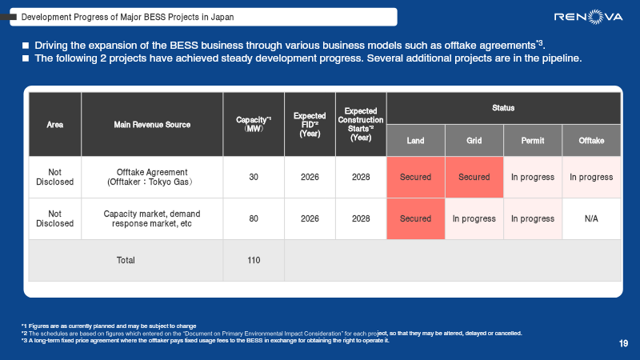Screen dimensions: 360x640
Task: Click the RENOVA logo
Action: click(589, 17)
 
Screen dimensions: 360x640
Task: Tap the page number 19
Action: click(623, 344)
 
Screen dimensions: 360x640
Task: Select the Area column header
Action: click(55, 124)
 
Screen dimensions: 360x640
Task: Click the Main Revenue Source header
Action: click(151, 124)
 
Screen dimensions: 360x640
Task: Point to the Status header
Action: click(503, 107)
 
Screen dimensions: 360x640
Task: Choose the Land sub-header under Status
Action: click(415, 141)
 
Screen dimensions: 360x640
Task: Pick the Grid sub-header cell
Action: click(474, 141)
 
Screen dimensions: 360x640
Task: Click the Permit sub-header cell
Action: click(532, 141)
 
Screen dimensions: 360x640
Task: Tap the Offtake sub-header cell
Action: click(591, 141)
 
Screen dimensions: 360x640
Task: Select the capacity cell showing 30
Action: click(254, 177)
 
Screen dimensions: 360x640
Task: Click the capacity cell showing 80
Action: click(254, 218)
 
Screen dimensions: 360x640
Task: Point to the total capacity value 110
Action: click(254, 260)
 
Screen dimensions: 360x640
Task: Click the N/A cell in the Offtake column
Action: click(591, 218)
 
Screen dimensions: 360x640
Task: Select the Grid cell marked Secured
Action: click(474, 177)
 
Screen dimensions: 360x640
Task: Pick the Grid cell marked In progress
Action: click(474, 218)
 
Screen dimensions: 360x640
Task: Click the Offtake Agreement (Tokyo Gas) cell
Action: click(151, 177)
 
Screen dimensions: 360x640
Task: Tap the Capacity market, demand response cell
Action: click(151, 218)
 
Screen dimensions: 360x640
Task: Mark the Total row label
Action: click(126, 260)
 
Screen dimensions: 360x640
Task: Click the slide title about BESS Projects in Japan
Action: click(133, 17)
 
